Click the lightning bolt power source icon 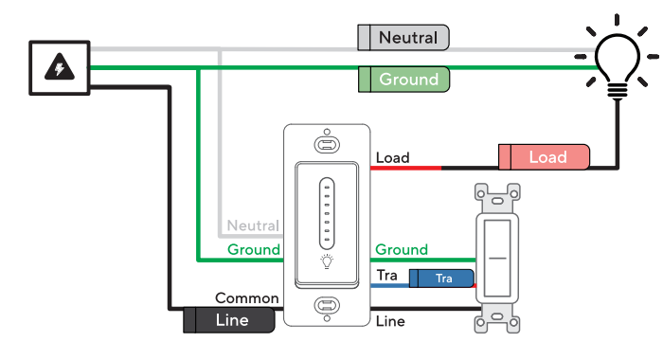[x=60, y=68]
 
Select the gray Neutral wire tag [x=403, y=38]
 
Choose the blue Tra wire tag [x=441, y=278]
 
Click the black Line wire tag [x=229, y=320]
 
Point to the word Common [x=246, y=297]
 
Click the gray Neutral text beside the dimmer [x=253, y=226]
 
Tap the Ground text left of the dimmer [x=253, y=250]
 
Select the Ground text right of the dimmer [x=402, y=250]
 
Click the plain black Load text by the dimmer [x=392, y=157]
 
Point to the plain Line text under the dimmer [x=390, y=321]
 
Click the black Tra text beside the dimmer [x=386, y=275]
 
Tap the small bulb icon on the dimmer [x=327, y=263]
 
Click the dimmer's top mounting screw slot [x=327, y=145]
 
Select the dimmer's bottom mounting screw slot [x=327, y=307]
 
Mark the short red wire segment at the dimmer [x=405, y=168]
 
